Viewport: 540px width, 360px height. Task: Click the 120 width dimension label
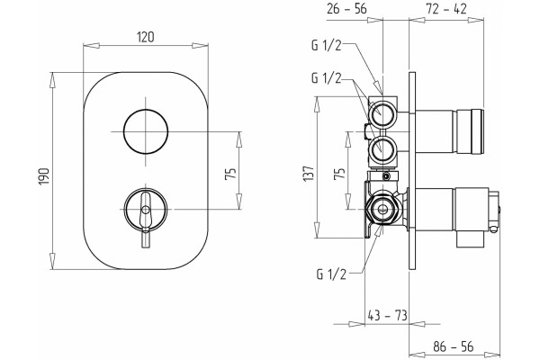click(146, 37)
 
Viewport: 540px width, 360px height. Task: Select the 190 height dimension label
click(44, 176)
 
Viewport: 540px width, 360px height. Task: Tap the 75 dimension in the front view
click(230, 173)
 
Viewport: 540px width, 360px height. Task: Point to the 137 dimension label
click(309, 174)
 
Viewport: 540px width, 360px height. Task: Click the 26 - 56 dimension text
click(346, 9)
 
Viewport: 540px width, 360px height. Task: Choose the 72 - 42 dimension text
click(446, 9)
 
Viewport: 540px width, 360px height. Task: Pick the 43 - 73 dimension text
click(387, 315)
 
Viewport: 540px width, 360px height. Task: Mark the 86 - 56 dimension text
click(454, 346)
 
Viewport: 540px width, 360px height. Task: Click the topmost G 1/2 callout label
click(326, 46)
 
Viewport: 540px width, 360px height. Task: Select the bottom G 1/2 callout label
click(331, 274)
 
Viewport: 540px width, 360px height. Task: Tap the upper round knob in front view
click(146, 131)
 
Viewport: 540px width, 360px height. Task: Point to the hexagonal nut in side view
click(382, 210)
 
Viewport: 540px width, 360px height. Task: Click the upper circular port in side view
click(382, 112)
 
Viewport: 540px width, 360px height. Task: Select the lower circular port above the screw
click(382, 148)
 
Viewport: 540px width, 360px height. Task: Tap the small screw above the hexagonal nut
click(387, 177)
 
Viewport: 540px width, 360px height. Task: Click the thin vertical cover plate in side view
click(412, 171)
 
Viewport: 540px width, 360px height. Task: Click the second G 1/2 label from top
click(326, 78)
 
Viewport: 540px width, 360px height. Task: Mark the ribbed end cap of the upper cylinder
click(477, 131)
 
